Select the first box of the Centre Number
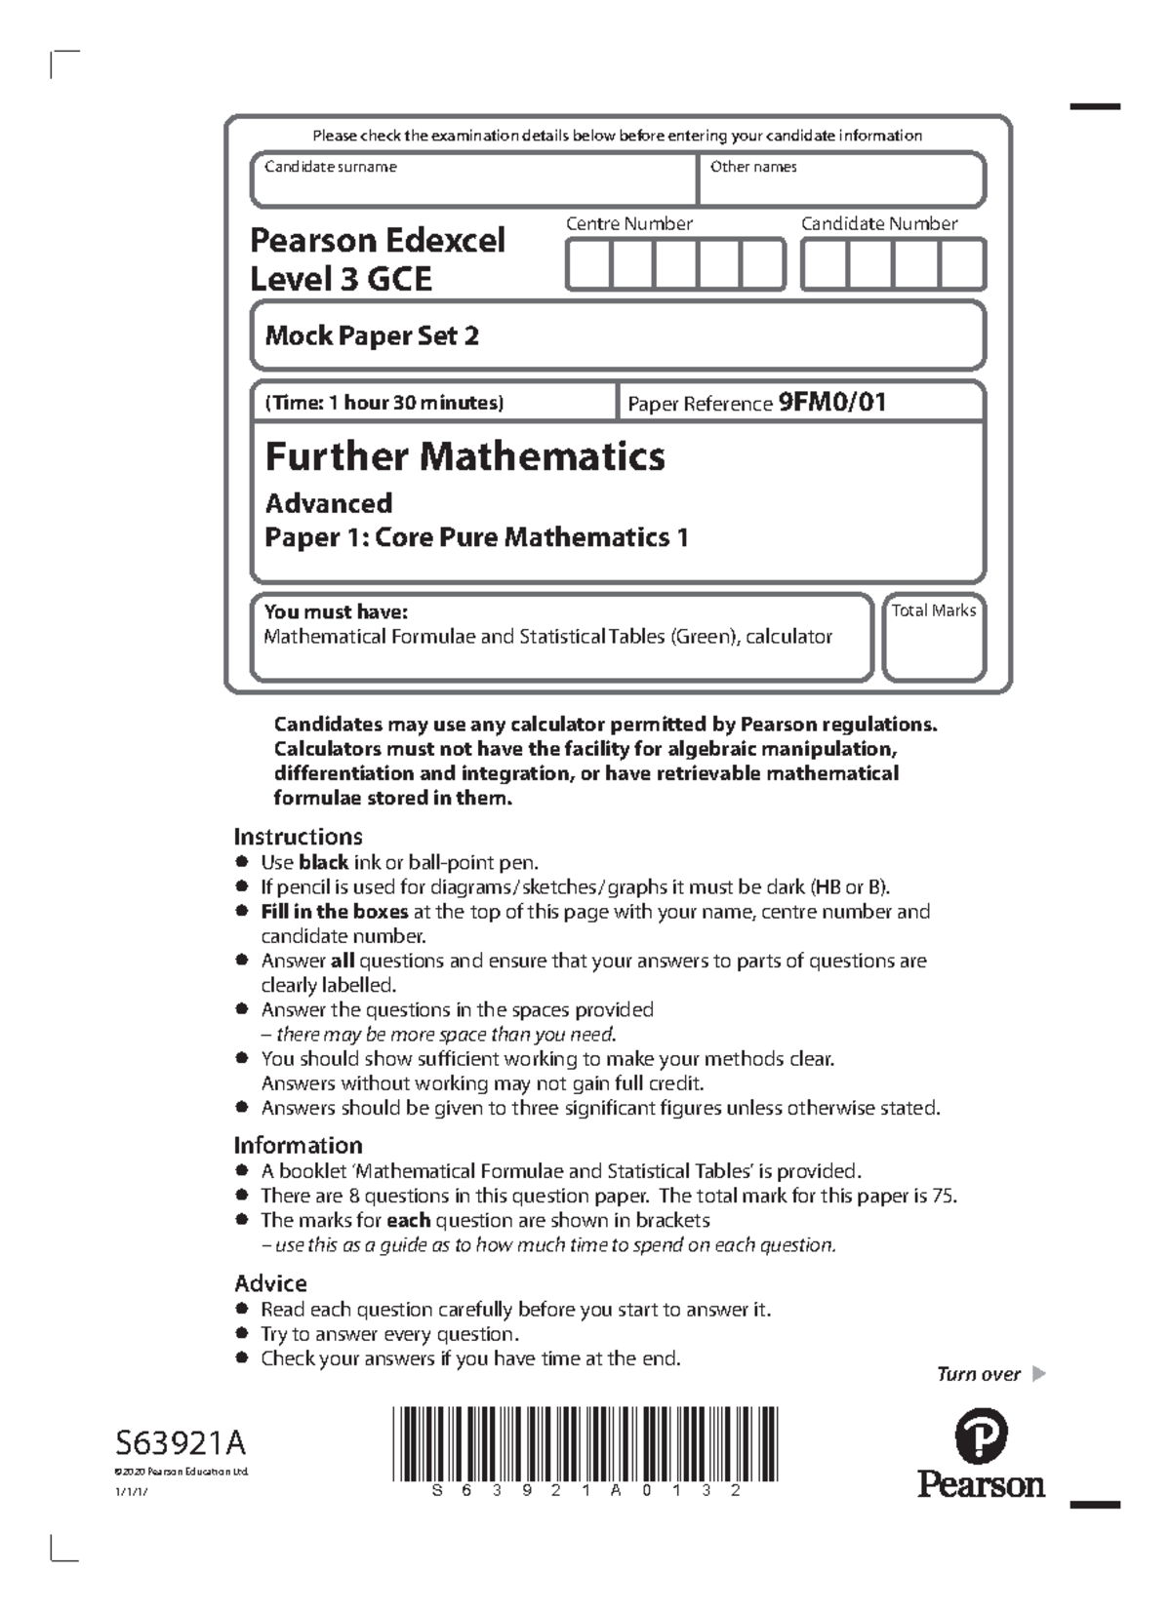point(588,265)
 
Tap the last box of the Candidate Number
point(962,265)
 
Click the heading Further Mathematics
point(465,456)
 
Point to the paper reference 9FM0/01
point(832,402)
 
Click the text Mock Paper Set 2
point(372,336)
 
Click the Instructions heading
point(298,837)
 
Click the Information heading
point(298,1145)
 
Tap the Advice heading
point(270,1283)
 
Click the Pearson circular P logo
point(981,1435)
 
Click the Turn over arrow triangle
point(1038,1374)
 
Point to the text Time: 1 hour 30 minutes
point(384,403)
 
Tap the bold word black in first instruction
point(323,863)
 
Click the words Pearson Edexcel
point(378,240)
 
